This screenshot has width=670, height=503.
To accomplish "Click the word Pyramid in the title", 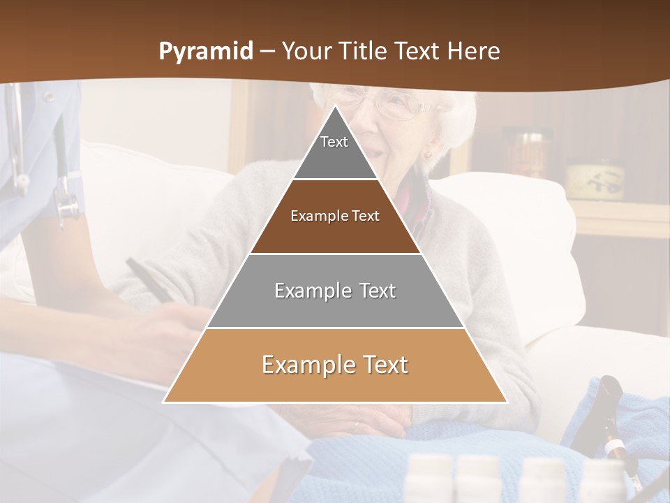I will [205, 52].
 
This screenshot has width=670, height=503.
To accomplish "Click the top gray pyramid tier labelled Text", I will [335, 150].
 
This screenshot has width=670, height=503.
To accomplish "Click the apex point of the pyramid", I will [335, 106].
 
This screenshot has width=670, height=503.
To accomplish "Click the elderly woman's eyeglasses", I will [398, 105].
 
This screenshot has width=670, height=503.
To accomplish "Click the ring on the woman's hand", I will [357, 424].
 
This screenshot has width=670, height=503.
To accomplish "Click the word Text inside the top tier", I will [334, 142].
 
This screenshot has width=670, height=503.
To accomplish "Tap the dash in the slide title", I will [267, 52].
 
